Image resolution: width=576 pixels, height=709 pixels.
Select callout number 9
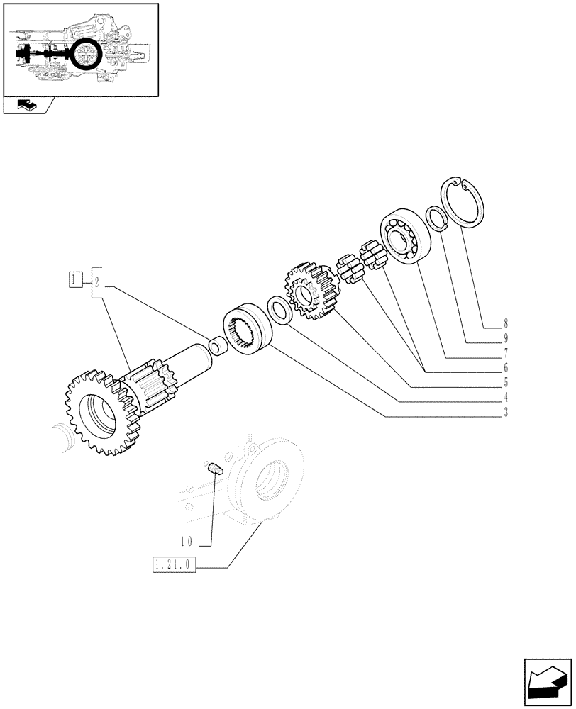pos(506,337)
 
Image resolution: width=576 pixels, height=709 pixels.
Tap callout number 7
pos(506,352)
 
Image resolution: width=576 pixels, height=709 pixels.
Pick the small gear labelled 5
pos(310,291)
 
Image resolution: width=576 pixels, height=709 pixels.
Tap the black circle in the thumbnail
pos(87,55)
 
